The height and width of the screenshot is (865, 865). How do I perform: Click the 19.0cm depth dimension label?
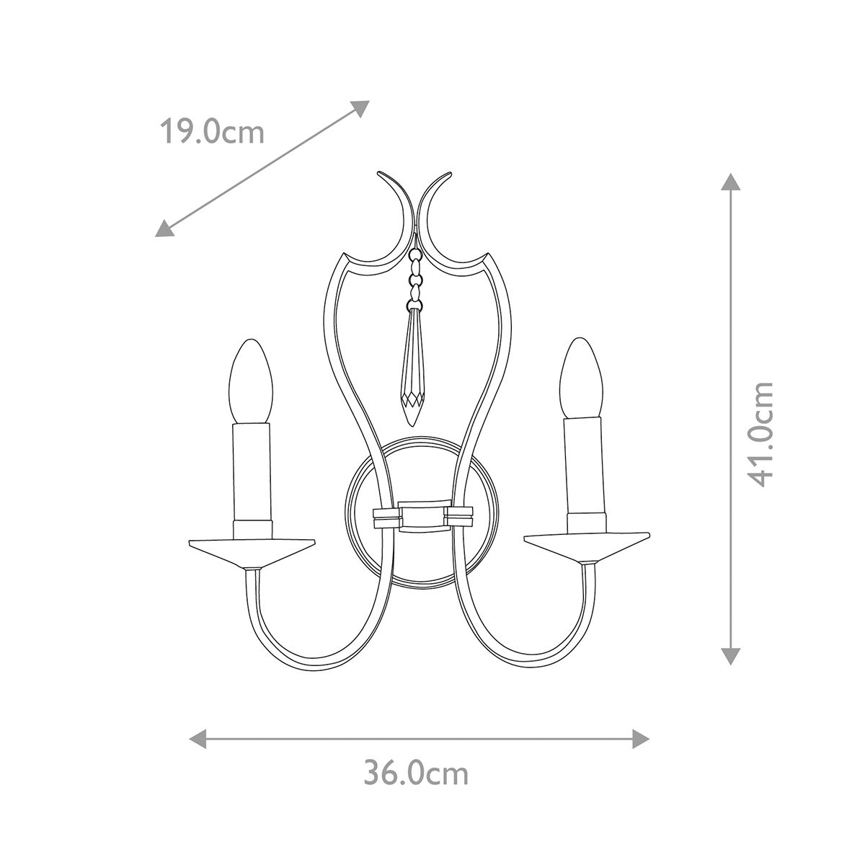211,132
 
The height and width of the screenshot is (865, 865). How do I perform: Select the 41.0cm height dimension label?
760,434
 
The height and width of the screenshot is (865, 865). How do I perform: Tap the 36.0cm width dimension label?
416,773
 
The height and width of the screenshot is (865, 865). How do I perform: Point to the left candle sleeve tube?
252,472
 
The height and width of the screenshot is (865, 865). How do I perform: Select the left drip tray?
252,550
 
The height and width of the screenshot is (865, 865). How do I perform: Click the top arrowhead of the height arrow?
731,182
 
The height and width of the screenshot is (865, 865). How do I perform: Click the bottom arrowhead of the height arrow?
731,655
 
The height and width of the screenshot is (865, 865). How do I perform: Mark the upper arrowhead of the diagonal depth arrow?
361,107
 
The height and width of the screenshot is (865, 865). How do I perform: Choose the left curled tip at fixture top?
382,175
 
